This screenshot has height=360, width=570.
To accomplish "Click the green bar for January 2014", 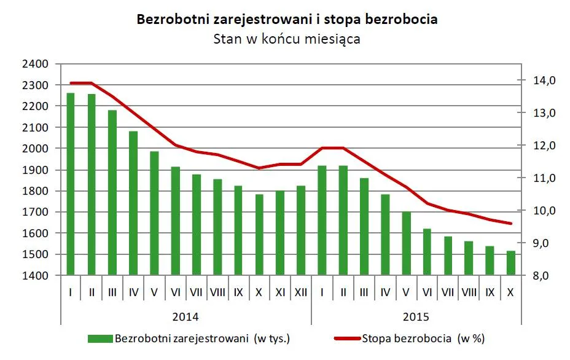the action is tap(71, 184).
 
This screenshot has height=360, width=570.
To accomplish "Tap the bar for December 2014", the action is tap(300, 230).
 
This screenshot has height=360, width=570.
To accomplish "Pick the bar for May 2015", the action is tap(406, 243).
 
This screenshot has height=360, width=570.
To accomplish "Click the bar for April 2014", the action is tap(133, 203).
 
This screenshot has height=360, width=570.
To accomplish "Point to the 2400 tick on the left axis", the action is tap(35, 64).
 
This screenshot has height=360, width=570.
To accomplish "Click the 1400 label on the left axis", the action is tap(35, 276).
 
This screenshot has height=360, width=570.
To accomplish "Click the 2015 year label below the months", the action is tap(416, 318).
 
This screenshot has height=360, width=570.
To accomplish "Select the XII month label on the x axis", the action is tap(300, 292).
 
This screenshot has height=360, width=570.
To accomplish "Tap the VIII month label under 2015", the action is tap(469, 292).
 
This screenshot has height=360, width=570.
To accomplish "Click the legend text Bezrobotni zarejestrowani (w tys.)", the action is tap(202, 338).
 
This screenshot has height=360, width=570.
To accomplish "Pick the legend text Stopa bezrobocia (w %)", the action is tap(423, 338).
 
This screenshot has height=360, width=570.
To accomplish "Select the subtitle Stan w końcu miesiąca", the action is tap(286, 39).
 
